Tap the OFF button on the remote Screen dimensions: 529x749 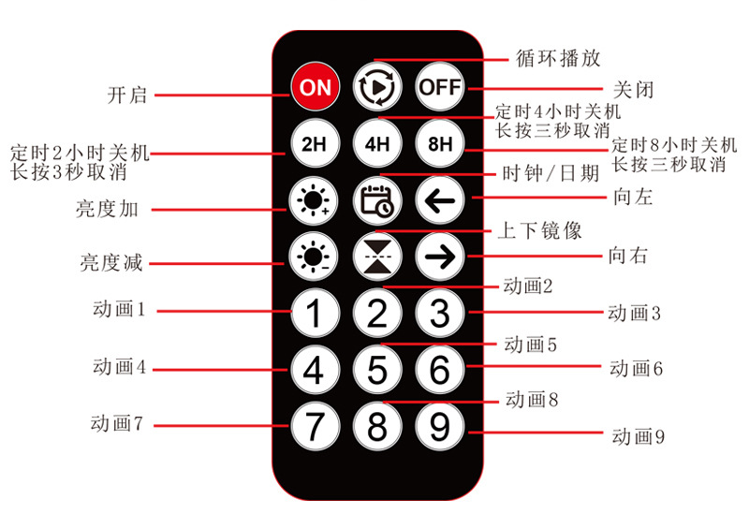439,87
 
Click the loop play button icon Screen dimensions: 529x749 377,87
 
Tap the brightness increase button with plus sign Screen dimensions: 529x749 315,200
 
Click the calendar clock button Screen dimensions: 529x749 377,200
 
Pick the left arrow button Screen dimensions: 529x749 439,200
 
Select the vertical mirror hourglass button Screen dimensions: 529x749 377,257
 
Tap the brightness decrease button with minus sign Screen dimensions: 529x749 315,257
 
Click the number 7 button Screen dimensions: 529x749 315,426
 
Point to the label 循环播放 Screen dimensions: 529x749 559,58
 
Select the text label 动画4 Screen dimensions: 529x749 119,366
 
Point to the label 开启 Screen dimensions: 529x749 128,95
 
